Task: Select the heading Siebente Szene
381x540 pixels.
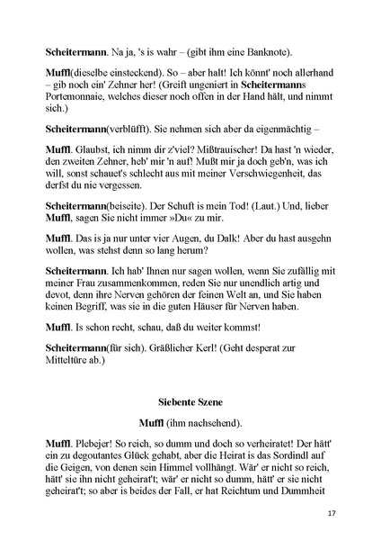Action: click(x=190, y=397)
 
